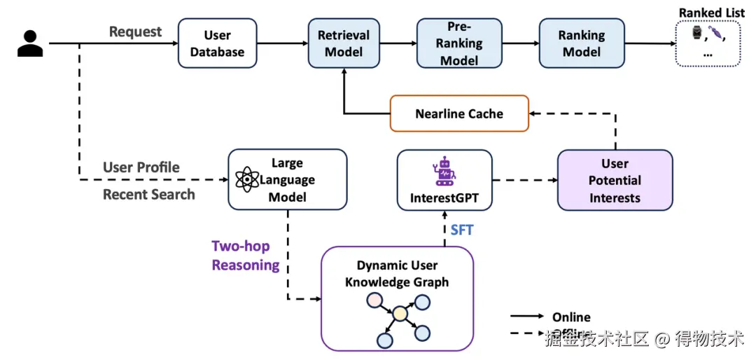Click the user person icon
pos(30,43)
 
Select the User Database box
pos(217,43)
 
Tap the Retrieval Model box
pos(344,43)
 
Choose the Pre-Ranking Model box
pos(459,43)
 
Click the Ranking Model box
pos(581,43)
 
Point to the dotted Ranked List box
pos(708,43)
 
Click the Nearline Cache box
pos(458,113)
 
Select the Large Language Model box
pos(287,179)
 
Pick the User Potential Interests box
pos(615,180)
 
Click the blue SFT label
pos(462,230)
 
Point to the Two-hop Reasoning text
pos(245,256)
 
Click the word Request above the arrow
pos(135,32)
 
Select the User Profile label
pos(141,167)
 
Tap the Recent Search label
pos(148,194)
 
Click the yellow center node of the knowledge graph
pos(400,314)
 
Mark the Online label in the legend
pos(571,317)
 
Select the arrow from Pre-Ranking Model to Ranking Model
pos(520,43)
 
